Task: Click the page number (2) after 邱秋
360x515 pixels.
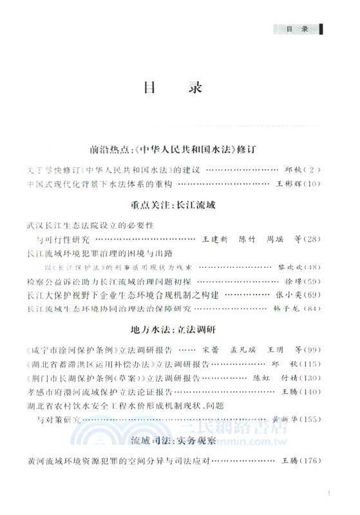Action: (x=310, y=169)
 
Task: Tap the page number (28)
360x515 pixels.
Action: (x=310, y=239)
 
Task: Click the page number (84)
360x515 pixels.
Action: (x=310, y=309)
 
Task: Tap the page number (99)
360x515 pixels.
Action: (x=310, y=348)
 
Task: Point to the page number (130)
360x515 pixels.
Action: (x=308, y=377)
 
